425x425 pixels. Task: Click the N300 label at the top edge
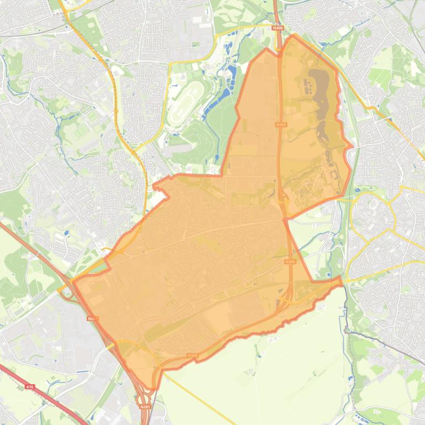point(278,27)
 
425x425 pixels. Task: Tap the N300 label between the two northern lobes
point(282,125)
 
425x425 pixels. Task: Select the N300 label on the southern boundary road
point(192,355)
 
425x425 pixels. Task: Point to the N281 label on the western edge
point(92,318)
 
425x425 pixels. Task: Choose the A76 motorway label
point(30,387)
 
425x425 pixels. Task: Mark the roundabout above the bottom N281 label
point(145,395)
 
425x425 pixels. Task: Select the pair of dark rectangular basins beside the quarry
point(306,87)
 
